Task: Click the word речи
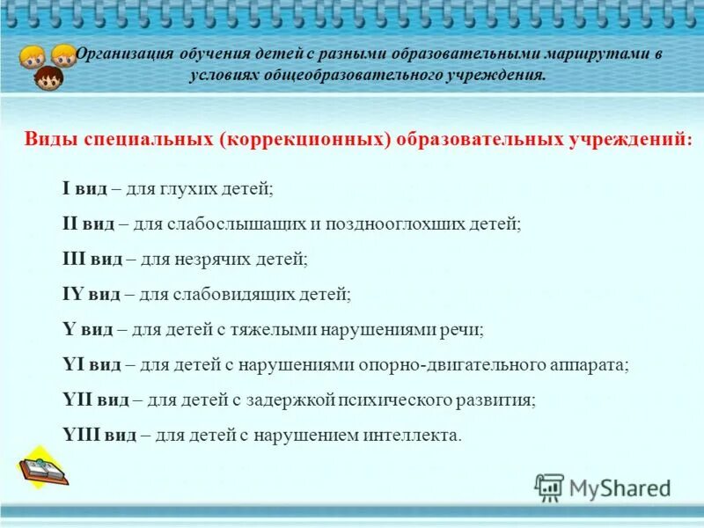click(466, 329)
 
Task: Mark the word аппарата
click(595, 364)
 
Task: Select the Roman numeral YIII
click(81, 435)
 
